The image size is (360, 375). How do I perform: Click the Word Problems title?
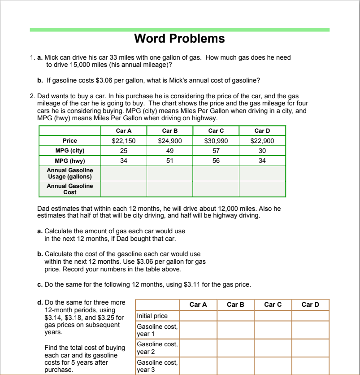click(179, 39)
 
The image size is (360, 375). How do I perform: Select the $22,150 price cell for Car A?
click(124, 141)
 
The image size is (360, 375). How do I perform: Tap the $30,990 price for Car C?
click(216, 141)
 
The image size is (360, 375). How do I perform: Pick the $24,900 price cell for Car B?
click(170, 141)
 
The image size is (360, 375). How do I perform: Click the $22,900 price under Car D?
click(262, 141)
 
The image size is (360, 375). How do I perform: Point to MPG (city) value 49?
click(170, 151)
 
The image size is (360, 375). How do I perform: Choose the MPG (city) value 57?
click(216, 151)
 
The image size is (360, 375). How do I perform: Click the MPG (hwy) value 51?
click(170, 161)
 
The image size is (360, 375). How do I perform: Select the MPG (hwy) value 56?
click(216, 161)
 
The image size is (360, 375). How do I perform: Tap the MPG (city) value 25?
click(124, 151)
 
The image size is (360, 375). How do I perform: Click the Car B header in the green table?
click(170, 131)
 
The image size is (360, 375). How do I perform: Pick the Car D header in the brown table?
click(310, 305)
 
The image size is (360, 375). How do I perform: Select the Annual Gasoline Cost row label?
click(70, 189)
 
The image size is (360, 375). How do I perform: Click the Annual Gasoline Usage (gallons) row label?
click(70, 173)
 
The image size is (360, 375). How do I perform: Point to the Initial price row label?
click(152, 316)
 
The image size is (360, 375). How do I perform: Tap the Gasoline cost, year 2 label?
click(157, 348)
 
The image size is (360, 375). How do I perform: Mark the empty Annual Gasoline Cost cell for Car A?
click(124, 189)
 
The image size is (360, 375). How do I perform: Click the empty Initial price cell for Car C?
click(273, 316)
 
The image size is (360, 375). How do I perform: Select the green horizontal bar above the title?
click(179, 30)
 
